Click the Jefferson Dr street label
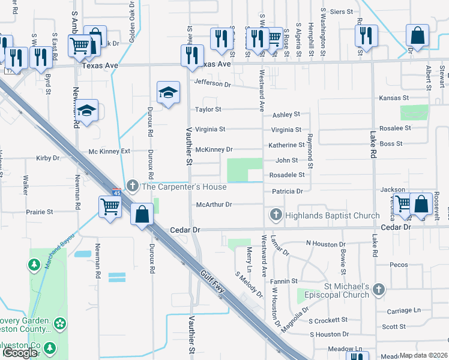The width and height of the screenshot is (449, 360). tap(212, 85)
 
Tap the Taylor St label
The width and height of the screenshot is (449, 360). tap(208, 110)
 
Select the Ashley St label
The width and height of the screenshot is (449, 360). tap(286, 115)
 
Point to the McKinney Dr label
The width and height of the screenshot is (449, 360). tap(213, 149)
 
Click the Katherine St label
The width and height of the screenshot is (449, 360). tap(286, 145)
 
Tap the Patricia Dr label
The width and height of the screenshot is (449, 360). tap(287, 191)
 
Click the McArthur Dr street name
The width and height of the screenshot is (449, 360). tap(214, 205)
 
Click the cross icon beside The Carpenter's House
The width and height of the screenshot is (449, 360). tap(133, 187)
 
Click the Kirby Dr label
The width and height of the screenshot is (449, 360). tap(48, 158)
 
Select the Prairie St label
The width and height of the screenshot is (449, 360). tap(40, 212)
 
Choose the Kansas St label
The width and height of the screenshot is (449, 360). tap(393, 98)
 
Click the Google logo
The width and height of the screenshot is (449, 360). tap(20, 353)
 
